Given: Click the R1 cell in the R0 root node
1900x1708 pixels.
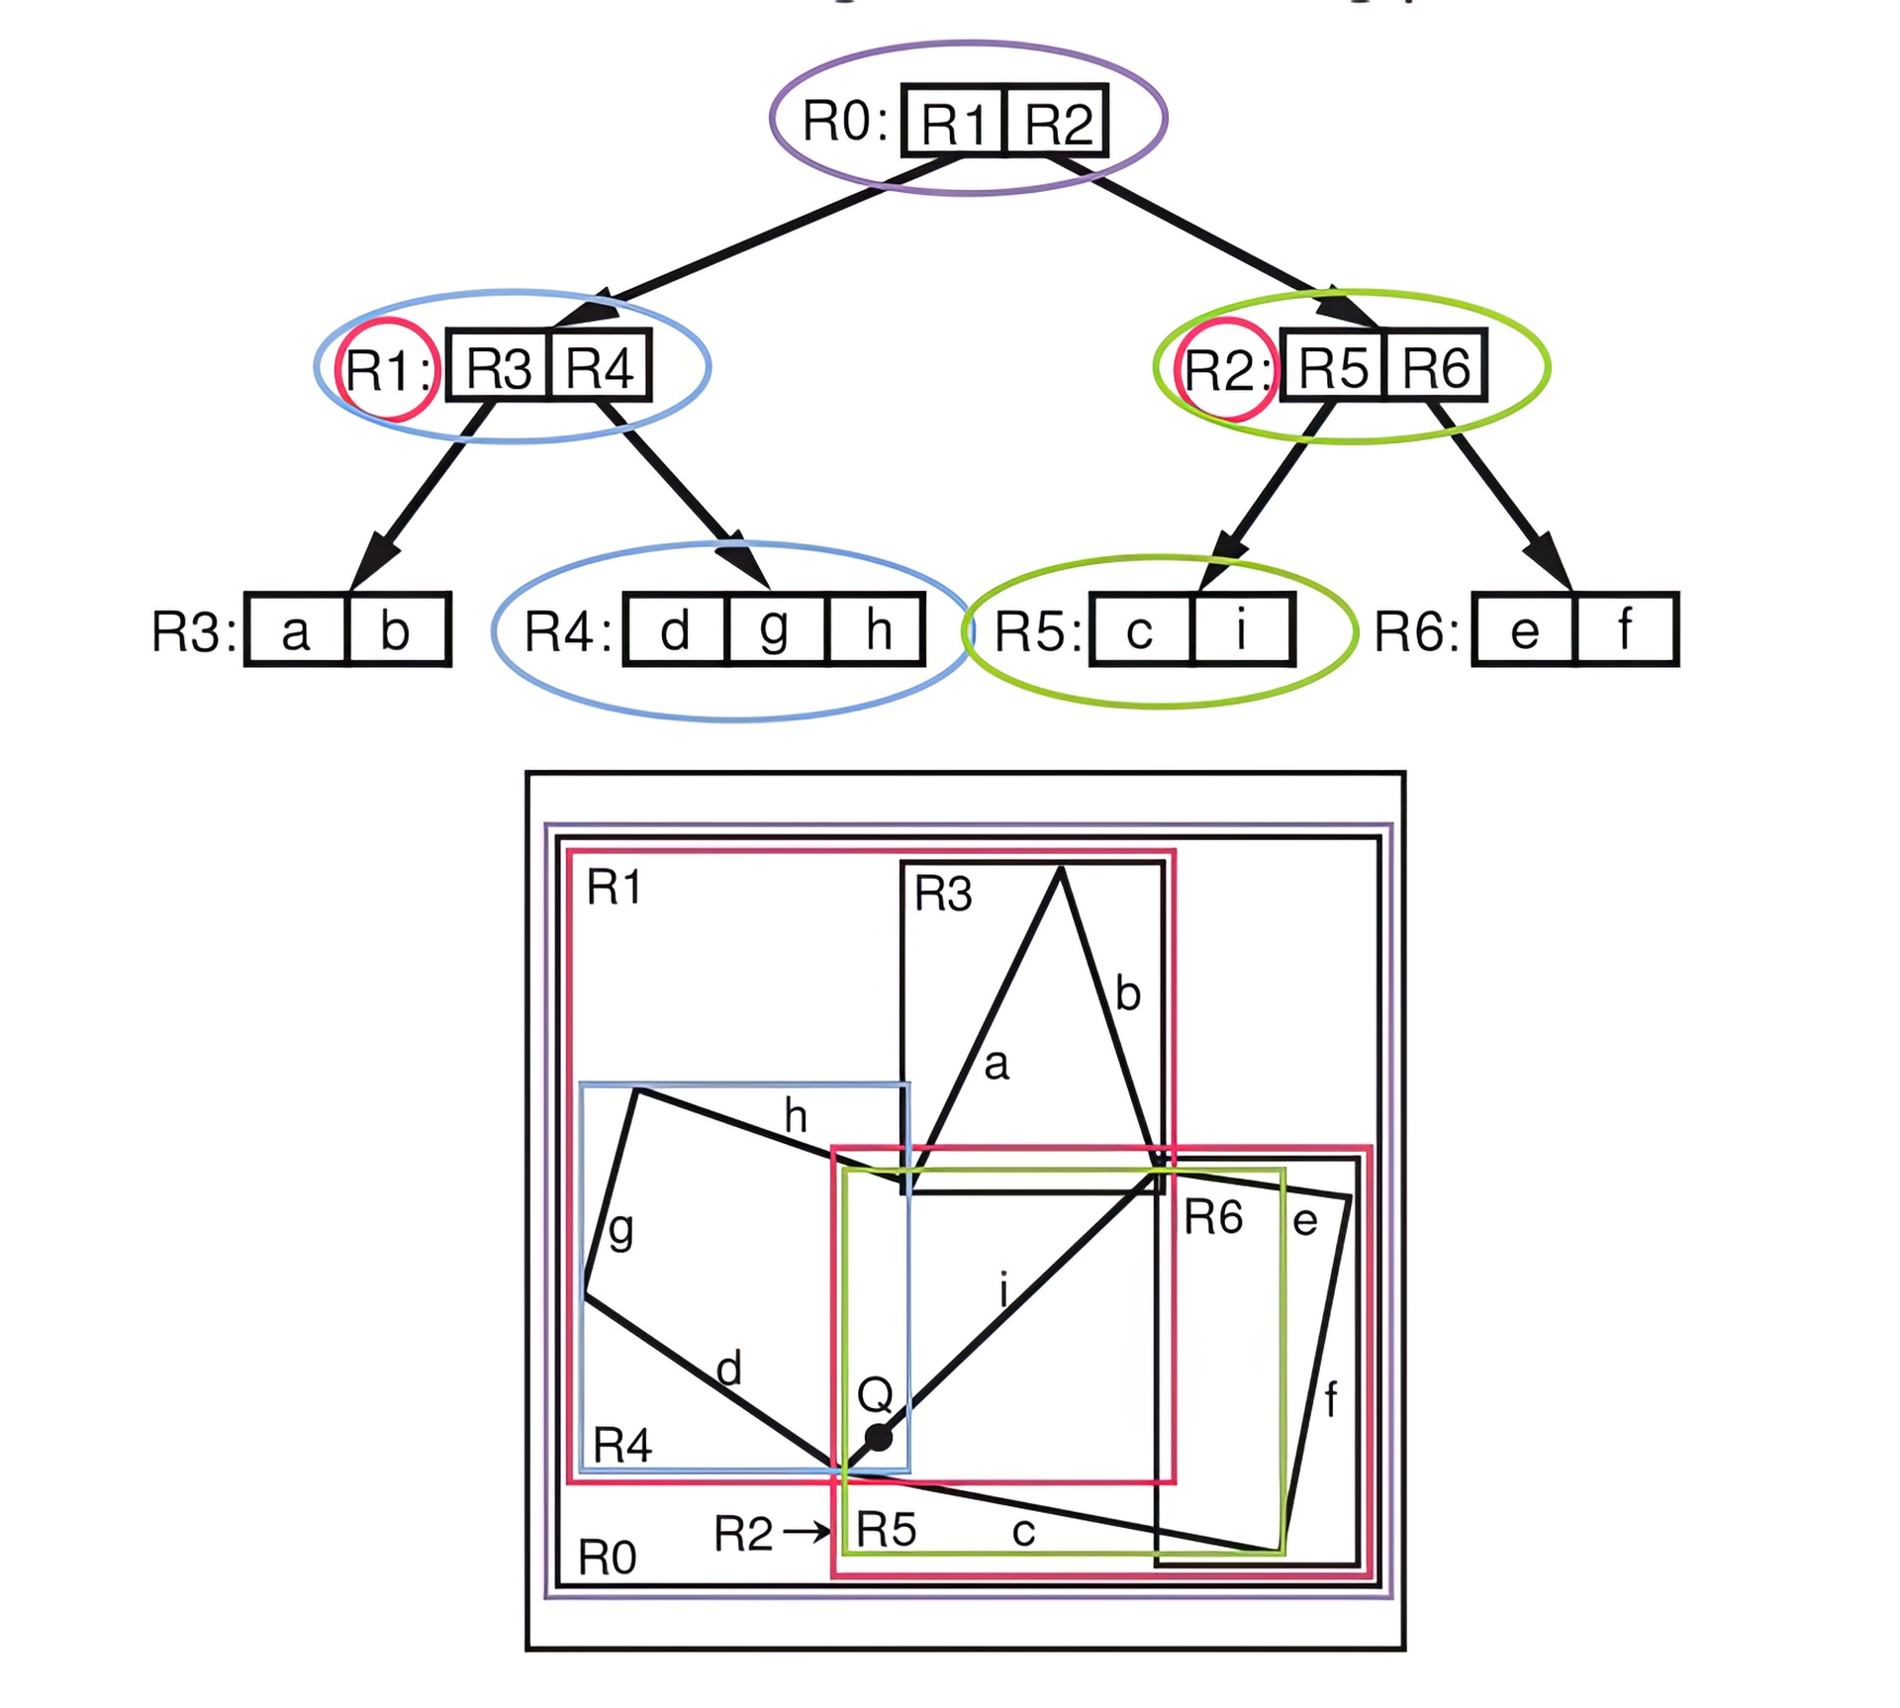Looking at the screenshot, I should pyautogui.click(x=954, y=122).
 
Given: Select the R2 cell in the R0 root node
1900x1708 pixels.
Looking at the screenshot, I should pyautogui.click(x=1057, y=122).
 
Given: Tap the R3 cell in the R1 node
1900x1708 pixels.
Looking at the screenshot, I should pyautogui.click(x=498, y=366).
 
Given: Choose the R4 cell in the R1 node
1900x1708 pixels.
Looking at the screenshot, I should pyautogui.click(x=600, y=366).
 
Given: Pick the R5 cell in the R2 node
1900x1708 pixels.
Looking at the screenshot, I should pyautogui.click(x=1332, y=366).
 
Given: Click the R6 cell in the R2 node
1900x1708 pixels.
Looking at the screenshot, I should pyautogui.click(x=1436, y=366).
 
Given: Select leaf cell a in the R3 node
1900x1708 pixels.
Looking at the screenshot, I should pyautogui.click(x=296, y=630).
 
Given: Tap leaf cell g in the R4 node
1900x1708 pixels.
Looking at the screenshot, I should pyautogui.click(x=775, y=630).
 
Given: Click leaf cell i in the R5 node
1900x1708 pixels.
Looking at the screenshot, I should pyautogui.click(x=1243, y=630).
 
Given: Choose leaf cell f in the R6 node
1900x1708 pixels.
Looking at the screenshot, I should pyautogui.click(x=1626, y=630).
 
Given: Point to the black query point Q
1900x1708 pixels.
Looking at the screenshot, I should pyautogui.click(x=878, y=1437).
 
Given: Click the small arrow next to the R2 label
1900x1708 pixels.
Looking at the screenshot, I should pyautogui.click(x=807, y=1533).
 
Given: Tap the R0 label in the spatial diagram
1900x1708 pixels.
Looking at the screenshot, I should pyautogui.click(x=607, y=1559).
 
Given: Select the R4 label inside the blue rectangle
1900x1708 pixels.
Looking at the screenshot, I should pyautogui.click(x=622, y=1446).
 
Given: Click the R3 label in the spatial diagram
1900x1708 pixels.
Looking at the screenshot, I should pyautogui.click(x=943, y=895).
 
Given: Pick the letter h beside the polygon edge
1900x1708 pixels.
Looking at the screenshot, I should pyautogui.click(x=796, y=1117).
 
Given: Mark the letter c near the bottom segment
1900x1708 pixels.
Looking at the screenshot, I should pyautogui.click(x=1023, y=1533).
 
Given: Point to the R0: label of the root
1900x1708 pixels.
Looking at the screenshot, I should pyautogui.click(x=844, y=122).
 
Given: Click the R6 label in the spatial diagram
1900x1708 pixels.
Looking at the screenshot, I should pyautogui.click(x=1213, y=1217).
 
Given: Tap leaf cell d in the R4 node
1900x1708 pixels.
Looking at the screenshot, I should pyautogui.click(x=675, y=630).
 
